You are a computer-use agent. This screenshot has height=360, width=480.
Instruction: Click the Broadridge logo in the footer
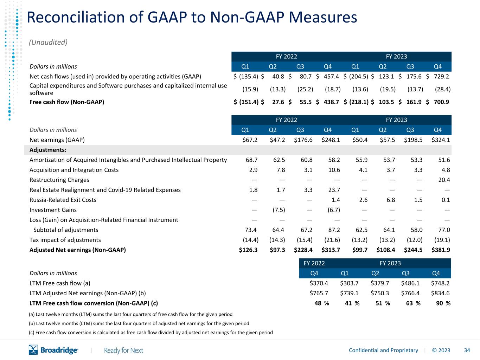[x=53, y=350]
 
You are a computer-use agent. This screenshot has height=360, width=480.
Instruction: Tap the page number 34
[x=467, y=350]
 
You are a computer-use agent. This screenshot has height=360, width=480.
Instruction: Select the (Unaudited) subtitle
[x=48, y=42]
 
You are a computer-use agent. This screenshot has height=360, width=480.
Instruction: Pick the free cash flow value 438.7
[x=331, y=102]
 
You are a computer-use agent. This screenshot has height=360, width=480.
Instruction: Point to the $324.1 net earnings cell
[x=441, y=140]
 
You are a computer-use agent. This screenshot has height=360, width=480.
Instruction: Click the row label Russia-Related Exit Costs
[x=63, y=200]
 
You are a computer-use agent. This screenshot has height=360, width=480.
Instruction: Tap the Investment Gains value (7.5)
[x=279, y=210]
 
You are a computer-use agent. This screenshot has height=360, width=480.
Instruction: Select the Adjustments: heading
[x=48, y=150]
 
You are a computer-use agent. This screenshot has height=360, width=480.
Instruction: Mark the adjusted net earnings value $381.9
[x=441, y=250]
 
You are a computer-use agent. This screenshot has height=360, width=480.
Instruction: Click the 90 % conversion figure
[x=442, y=303]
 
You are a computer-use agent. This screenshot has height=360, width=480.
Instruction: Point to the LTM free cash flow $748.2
[x=440, y=283]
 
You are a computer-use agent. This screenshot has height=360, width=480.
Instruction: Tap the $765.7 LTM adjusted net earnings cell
[x=319, y=293]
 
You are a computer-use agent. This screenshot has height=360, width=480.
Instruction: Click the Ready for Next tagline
[x=123, y=351]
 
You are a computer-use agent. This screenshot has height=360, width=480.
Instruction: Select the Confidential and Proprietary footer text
[x=383, y=350]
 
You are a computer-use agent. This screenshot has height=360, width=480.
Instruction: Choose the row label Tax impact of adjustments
[x=65, y=240]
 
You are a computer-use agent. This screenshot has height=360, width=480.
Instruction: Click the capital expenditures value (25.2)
[x=305, y=89]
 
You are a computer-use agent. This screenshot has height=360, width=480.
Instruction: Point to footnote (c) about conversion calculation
[x=151, y=333]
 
